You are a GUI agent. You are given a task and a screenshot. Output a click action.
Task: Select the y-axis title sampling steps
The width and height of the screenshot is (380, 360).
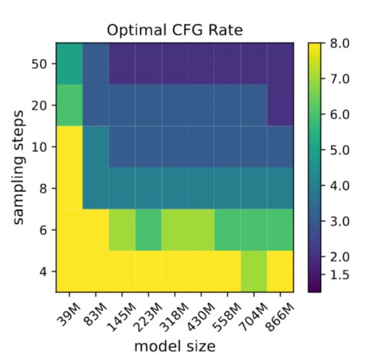coord(20,167)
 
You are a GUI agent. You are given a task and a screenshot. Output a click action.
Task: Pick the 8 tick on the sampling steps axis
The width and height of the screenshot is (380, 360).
coord(42,188)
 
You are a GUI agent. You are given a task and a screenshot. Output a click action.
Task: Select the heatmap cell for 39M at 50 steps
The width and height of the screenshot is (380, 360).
coord(69,64)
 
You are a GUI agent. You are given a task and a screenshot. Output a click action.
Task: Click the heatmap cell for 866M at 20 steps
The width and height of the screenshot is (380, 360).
coord(279,105)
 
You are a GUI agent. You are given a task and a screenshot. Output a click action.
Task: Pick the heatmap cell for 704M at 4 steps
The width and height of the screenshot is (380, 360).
coord(253,271)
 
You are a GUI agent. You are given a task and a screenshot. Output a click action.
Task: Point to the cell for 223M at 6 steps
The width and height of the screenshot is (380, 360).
coord(148,230)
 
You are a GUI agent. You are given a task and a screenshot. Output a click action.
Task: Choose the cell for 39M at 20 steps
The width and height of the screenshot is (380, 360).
coord(69,105)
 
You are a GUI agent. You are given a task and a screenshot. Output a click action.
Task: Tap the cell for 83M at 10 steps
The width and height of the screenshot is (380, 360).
coord(96,147)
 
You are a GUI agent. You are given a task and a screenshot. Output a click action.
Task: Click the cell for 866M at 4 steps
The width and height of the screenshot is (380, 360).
coord(279,271)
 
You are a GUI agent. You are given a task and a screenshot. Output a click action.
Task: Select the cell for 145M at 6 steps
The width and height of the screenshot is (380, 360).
coord(122,230)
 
